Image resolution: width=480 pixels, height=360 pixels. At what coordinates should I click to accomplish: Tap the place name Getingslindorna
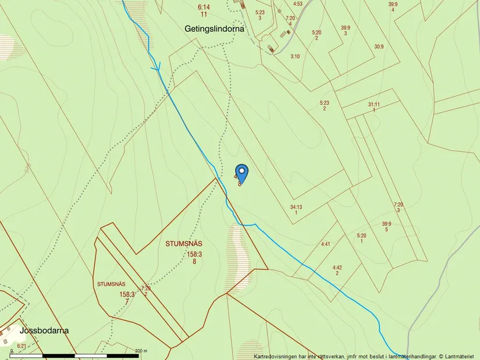coord(214,28)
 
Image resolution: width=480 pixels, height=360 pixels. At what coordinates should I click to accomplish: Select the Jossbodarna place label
coord(44,330)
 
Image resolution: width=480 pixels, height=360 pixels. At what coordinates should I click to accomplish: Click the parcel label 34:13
coord(296,207)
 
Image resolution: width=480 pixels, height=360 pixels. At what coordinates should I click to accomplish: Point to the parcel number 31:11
coord(374,104)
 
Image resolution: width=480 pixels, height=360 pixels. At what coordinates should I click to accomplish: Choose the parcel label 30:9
coord(379,47)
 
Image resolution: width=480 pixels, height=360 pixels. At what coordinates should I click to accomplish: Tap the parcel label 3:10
coord(295,56)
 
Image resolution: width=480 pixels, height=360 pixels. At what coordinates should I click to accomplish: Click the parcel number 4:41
coord(325,244)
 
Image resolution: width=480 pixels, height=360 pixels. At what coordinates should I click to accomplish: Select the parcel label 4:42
coord(337,268)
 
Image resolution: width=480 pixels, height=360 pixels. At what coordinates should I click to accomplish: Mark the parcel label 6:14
coord(204,6)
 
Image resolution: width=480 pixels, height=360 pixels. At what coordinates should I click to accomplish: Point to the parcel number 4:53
coord(298,4)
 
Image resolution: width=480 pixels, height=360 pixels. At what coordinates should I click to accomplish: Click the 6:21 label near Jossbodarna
coord(22,346)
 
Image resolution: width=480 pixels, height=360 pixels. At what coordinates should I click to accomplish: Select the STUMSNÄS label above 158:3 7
coord(112,284)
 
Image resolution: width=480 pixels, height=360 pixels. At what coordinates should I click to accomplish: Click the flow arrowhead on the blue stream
coord(156,68)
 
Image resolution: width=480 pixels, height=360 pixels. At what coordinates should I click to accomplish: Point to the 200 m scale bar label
coord(141,351)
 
